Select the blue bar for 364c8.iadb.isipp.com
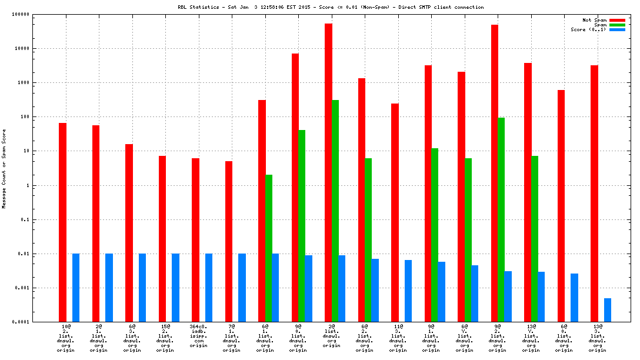[x=209, y=288]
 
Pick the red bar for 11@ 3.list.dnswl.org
[x=395, y=212]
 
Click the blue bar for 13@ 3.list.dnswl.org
[x=608, y=310]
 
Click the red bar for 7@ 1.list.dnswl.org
[x=229, y=241]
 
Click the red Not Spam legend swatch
[x=617, y=20]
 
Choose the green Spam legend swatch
[x=617, y=25]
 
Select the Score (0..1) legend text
[x=589, y=29]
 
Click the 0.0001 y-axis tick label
[x=38, y=322]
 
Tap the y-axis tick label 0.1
[x=42, y=219]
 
